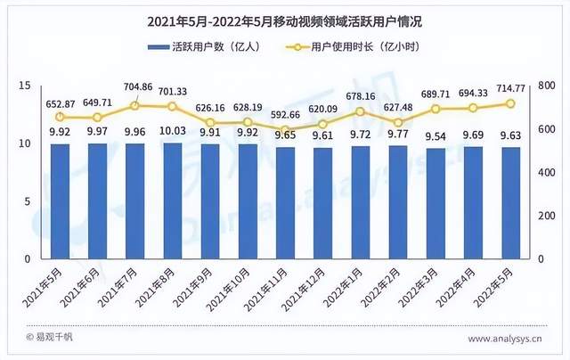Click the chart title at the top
[x=284, y=20]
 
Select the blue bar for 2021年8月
[x=173, y=200]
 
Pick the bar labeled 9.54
[x=436, y=203]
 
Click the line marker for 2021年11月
[x=285, y=130]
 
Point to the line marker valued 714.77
[x=510, y=103]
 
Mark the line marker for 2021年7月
[x=135, y=106]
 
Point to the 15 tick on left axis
[x=25, y=86]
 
